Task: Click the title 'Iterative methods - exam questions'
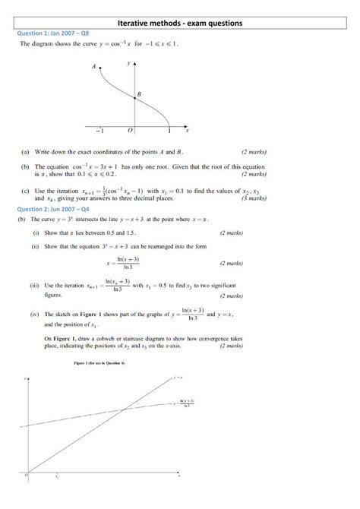(180, 24)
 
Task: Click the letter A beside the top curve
(94, 67)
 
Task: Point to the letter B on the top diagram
(139, 94)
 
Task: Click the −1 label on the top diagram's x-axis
(99, 131)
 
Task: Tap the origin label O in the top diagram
(129, 131)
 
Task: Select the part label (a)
(27, 152)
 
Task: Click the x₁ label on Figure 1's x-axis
(58, 479)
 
